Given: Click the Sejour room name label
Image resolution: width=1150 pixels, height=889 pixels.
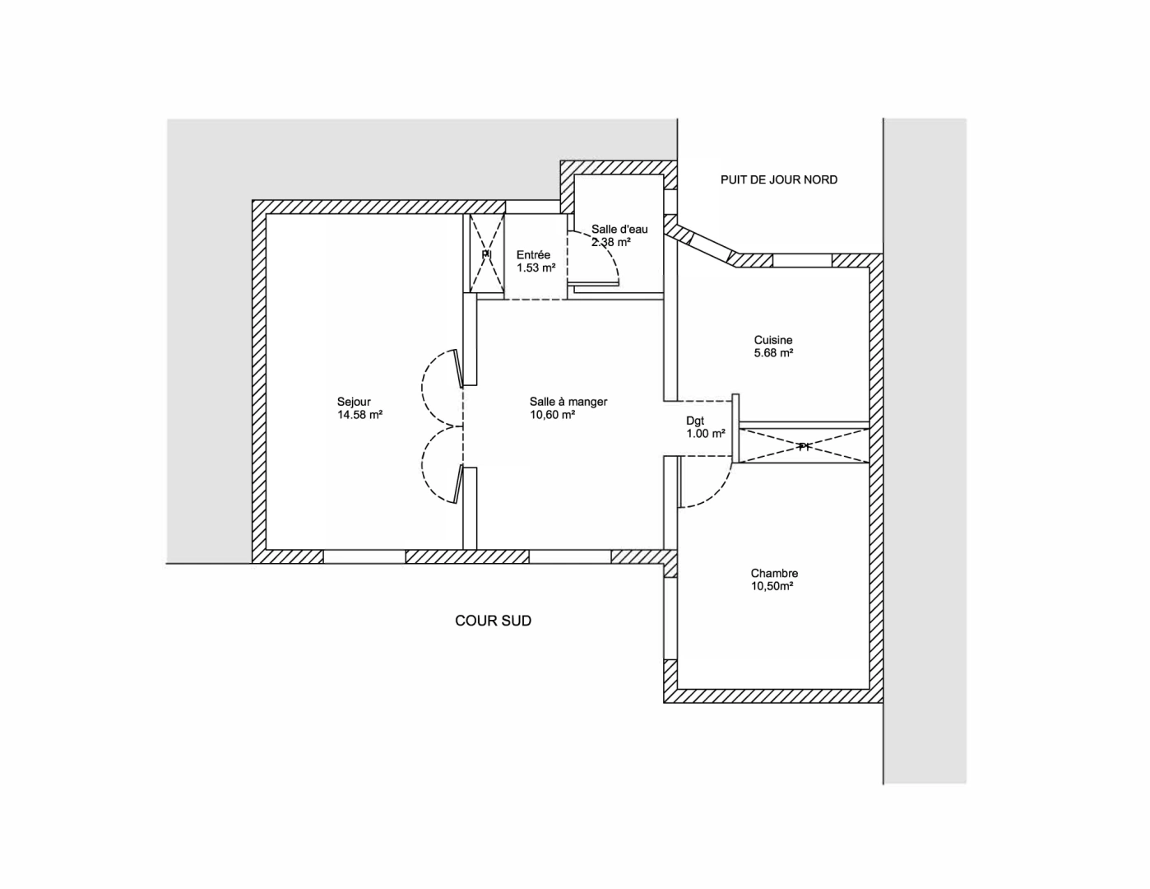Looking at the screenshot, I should tap(354, 402).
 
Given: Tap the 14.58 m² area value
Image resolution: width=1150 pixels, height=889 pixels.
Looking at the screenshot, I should tap(359, 415).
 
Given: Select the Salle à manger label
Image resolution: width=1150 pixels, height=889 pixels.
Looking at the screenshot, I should tap(568, 402).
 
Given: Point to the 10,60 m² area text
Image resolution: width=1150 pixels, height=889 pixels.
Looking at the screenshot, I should tap(552, 415).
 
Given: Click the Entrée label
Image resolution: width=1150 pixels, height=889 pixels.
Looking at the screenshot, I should tap(533, 255).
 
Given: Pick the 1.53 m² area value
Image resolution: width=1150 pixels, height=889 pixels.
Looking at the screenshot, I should tap(536, 268).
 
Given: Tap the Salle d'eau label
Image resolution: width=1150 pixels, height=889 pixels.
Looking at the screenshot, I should tap(619, 230).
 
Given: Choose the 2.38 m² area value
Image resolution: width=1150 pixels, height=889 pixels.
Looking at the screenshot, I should tap(610, 242).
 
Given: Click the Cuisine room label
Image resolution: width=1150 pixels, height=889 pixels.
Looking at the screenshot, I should tap(773, 340).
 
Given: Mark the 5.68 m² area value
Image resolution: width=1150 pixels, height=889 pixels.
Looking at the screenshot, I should tap(773, 353).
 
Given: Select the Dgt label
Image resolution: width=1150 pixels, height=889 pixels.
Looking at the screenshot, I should tap(695, 421).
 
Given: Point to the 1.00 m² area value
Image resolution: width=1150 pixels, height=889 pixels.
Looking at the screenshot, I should tap(706, 434).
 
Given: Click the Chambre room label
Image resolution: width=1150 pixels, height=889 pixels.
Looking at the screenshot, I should tap(774, 574).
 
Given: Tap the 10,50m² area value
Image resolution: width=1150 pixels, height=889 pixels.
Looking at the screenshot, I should tap(772, 587).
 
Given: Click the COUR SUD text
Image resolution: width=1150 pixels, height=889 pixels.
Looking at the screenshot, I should tap(493, 621).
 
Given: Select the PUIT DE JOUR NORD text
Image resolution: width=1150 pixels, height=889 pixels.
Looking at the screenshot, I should tap(779, 179).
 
